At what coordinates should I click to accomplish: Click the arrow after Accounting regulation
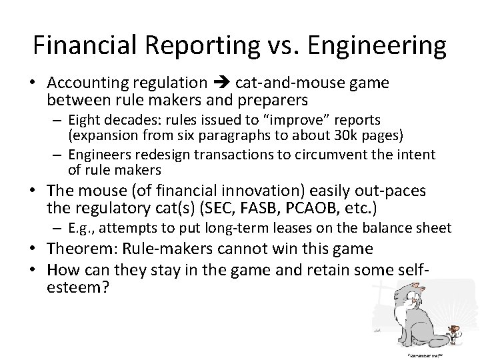(x=221, y=83)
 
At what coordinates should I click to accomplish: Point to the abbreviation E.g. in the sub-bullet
(x=80, y=229)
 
